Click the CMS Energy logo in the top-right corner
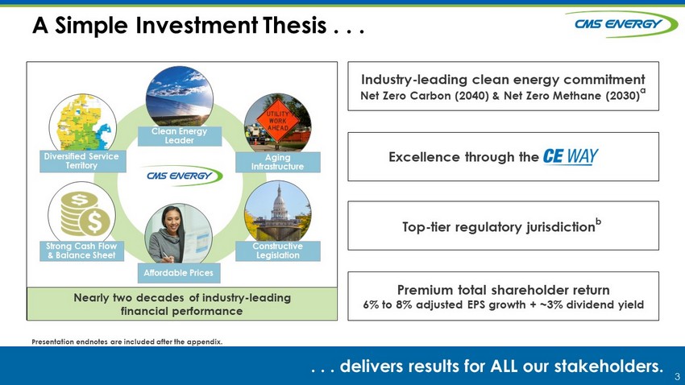(621, 24)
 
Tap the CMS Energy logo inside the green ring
(185, 176)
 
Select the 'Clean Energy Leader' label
(180, 136)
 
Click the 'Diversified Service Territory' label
(81, 161)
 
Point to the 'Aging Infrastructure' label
(278, 162)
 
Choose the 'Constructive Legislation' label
(278, 251)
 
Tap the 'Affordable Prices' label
(179, 273)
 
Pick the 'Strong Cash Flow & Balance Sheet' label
(81, 251)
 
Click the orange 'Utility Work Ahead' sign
(278, 121)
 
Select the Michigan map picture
(83, 124)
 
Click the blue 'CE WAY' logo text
(571, 156)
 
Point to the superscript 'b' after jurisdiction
(599, 221)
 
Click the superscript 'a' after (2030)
(643, 91)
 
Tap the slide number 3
(677, 376)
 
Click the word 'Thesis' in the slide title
(295, 25)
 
